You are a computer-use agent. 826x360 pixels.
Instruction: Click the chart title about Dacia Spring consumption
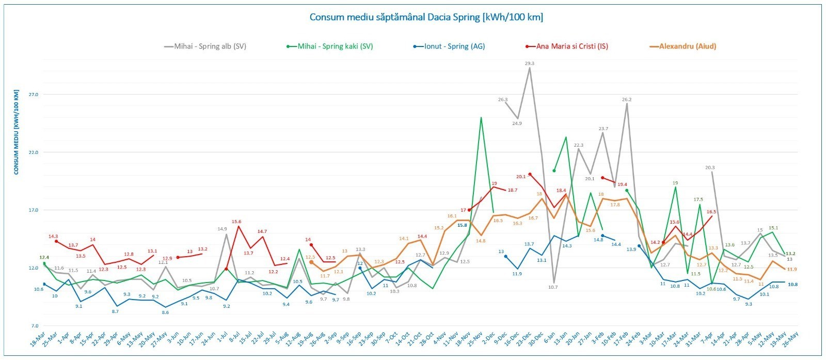click(426, 17)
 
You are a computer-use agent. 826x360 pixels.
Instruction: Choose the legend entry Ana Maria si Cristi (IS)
click(571, 46)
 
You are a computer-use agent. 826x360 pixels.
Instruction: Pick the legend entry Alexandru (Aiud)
click(687, 46)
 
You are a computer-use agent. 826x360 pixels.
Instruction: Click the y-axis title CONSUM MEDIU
click(17, 132)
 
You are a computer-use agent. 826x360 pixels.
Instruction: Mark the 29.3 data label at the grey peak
click(529, 63)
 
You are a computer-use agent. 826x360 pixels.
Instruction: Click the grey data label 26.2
click(627, 99)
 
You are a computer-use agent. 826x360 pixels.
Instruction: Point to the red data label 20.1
click(520, 177)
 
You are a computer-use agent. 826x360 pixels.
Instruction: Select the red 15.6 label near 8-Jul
click(236, 222)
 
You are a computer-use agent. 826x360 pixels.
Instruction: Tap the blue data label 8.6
click(165, 312)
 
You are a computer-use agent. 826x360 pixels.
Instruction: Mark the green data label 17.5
click(698, 199)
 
